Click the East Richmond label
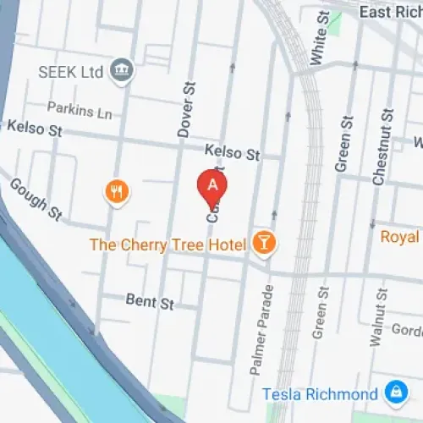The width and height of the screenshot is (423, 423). [389, 12]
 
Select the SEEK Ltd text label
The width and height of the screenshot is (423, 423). [72, 70]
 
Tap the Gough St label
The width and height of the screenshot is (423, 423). [36, 200]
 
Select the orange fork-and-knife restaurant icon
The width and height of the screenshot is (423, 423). [117, 192]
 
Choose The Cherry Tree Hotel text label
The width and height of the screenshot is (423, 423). [168, 245]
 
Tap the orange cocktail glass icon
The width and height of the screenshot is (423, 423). [266, 244]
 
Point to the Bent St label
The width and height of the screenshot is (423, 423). [149, 300]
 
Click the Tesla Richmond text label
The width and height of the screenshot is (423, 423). [319, 394]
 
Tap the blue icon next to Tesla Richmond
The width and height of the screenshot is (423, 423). [393, 393]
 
